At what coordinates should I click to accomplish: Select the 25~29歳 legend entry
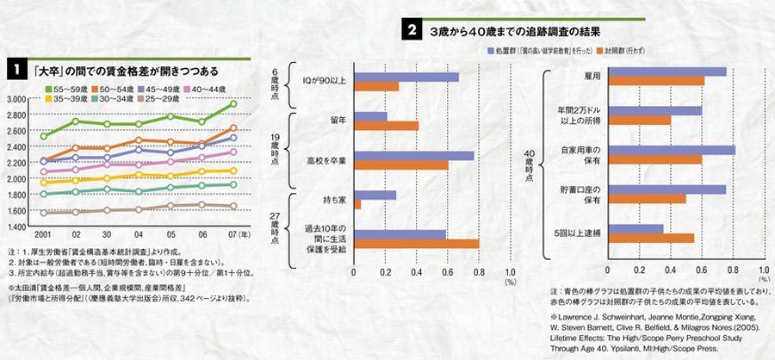pyautogui.click(x=177, y=100)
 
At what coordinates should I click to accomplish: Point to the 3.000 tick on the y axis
pyautogui.click(x=17, y=100)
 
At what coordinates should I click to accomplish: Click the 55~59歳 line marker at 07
pyautogui.click(x=233, y=104)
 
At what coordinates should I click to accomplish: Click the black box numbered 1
pyautogui.click(x=15, y=69)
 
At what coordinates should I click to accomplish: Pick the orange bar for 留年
pyautogui.click(x=387, y=126)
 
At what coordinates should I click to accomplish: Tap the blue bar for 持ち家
pyautogui.click(x=375, y=195)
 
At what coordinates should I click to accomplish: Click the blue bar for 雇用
pyautogui.click(x=668, y=71)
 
